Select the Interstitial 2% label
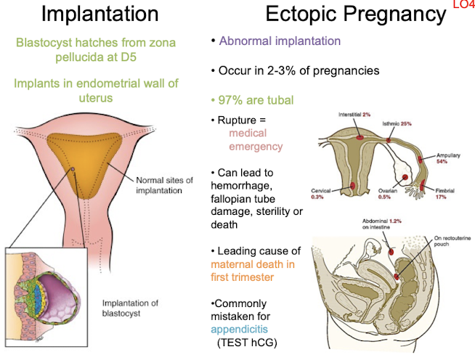click(x=354, y=115)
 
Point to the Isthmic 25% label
click(x=396, y=124)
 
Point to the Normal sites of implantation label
click(x=166, y=186)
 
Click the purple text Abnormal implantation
click(x=280, y=41)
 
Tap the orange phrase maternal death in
click(x=251, y=265)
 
